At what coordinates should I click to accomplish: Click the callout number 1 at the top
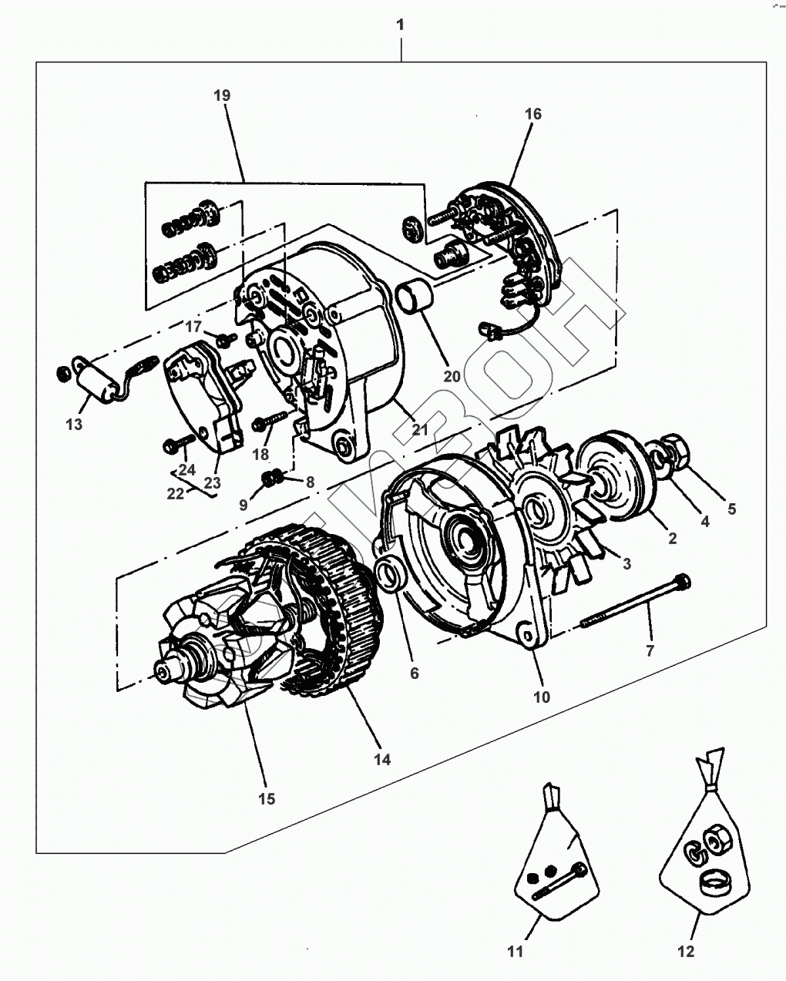tap(400, 25)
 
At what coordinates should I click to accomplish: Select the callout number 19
tap(222, 96)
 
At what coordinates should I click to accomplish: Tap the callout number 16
tap(533, 114)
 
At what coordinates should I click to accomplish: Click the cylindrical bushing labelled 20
tap(415, 294)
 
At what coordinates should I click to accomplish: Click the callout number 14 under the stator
tap(382, 760)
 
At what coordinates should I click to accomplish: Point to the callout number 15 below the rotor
tap(266, 798)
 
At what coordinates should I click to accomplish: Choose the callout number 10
tap(542, 697)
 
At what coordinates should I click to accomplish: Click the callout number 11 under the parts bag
tap(516, 951)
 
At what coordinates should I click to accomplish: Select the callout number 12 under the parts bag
tap(685, 951)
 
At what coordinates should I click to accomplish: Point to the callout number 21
tap(419, 429)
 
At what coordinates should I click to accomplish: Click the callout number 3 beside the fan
tap(626, 564)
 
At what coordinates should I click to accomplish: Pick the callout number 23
tap(212, 482)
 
